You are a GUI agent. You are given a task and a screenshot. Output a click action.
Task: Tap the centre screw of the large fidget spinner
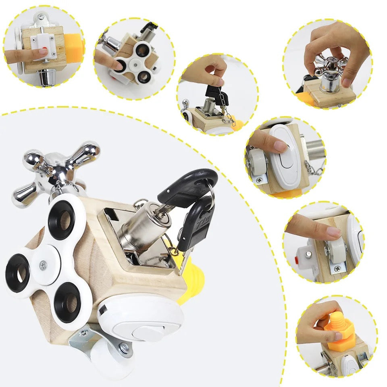[43, 264]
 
